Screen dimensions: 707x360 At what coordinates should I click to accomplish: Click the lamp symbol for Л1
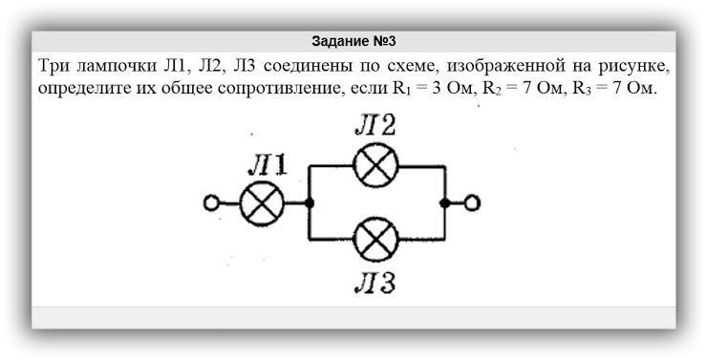(262, 203)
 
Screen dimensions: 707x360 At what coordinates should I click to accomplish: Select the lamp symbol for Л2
(375, 165)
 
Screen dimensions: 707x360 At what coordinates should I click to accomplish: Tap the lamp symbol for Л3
(375, 240)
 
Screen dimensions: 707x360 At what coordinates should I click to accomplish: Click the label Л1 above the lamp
(268, 168)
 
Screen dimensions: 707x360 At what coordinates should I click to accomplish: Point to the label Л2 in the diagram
(375, 126)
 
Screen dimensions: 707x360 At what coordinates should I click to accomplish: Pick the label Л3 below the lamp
(375, 284)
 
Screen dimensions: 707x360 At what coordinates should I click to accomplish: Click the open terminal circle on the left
(211, 203)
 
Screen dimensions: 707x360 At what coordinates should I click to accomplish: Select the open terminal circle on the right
(472, 203)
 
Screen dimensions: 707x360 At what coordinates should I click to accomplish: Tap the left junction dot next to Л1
(310, 203)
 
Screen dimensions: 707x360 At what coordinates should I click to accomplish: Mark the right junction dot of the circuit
(445, 203)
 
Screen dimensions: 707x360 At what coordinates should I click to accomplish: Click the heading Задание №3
(353, 41)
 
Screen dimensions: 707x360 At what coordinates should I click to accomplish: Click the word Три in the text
(54, 66)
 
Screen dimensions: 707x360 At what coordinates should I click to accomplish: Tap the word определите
(79, 88)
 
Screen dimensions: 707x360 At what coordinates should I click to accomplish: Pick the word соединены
(307, 66)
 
